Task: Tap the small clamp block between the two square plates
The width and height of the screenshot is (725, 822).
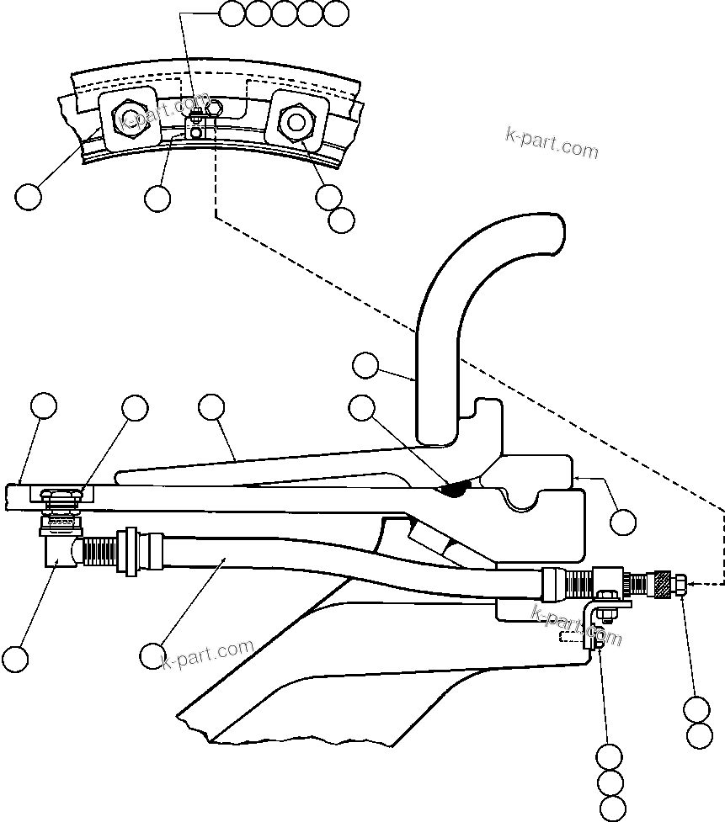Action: tap(195, 127)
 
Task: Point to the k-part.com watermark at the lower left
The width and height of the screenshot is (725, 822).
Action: tap(207, 654)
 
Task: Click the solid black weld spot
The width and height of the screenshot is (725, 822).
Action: tap(456, 488)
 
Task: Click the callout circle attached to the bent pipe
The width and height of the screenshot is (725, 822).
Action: tap(365, 365)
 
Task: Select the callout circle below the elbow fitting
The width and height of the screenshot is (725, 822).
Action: tap(14, 658)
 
